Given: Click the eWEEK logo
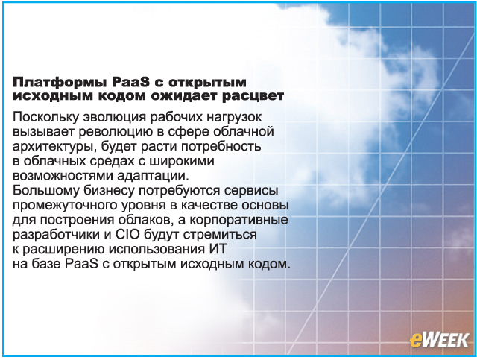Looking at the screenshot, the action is pos(439,340).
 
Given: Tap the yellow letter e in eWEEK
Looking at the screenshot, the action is pos(416,341).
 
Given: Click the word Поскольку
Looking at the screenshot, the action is pos(45,117).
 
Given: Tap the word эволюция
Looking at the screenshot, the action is pos(115,117).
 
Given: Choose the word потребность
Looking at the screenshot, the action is pos(221,146).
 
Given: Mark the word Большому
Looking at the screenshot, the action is pos(45,191).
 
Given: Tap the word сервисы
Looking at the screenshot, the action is pos(251,191).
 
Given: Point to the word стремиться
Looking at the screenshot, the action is pos(220,235).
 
